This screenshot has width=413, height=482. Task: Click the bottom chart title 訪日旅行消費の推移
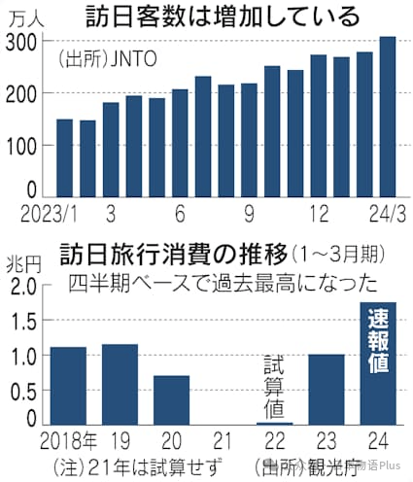(x=175, y=256)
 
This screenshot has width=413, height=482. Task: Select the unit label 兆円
(x=21, y=263)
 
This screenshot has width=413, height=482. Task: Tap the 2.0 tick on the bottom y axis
(x=24, y=286)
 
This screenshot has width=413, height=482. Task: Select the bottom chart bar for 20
(x=171, y=399)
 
